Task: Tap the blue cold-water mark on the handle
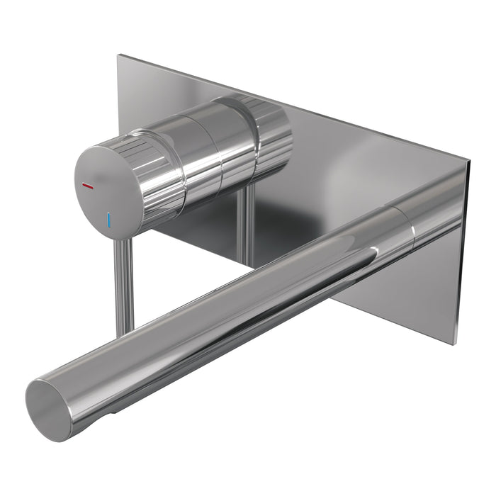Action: pyautogui.click(x=109, y=219)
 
